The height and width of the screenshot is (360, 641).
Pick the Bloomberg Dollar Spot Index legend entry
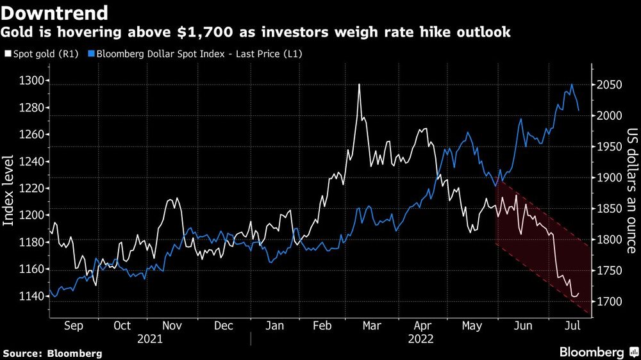(x=199, y=54)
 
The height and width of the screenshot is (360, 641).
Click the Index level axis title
(x=9, y=190)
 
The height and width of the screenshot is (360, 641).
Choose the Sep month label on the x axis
(x=74, y=326)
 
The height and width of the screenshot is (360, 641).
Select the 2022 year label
(x=420, y=339)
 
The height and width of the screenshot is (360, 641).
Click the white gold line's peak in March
(x=359, y=85)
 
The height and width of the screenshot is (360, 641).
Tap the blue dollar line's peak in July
(x=572, y=85)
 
